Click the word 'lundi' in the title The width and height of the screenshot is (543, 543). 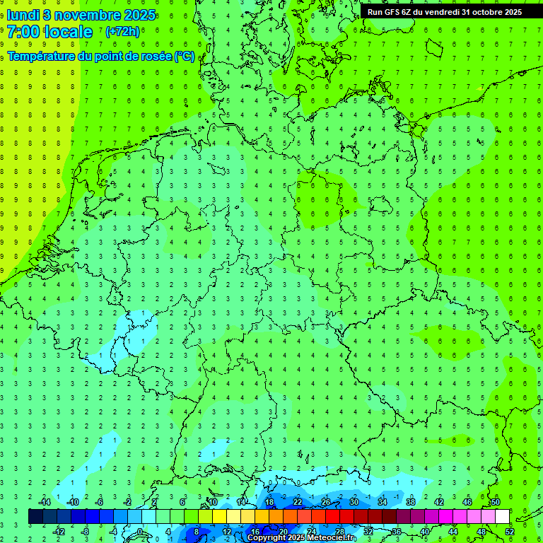coord(23,15)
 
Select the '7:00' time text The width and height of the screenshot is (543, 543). coord(23,32)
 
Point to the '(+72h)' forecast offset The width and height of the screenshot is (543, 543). coord(122,32)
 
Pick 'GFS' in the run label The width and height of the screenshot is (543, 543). coord(395,11)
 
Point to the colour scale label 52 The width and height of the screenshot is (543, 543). coord(510,532)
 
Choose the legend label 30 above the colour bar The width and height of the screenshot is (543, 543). coord(354,502)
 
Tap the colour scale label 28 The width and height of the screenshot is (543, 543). coord(340,532)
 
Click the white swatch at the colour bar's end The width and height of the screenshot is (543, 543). coord(502,517)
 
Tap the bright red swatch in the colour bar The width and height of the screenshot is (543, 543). coord(332,517)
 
